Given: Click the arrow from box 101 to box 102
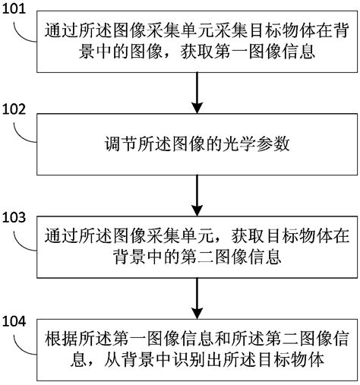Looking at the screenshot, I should pos(197,93).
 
